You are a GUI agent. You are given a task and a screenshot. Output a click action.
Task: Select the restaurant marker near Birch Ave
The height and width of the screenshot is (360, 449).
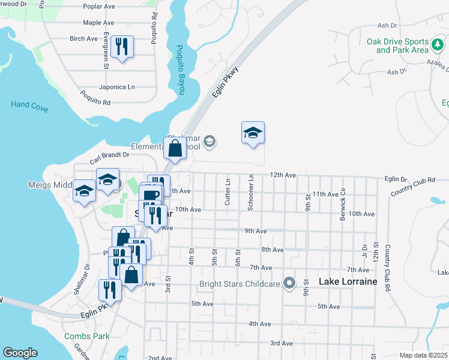[x=122, y=46]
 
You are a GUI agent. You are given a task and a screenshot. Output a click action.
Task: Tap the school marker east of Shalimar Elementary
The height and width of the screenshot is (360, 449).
[x=253, y=133]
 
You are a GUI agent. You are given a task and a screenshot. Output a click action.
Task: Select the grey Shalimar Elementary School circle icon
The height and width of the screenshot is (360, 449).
[x=209, y=142]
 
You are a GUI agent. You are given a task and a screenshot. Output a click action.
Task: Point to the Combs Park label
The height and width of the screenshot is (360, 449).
[x=86, y=336]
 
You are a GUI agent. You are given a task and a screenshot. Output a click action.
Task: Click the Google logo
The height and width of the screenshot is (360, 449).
[x=20, y=353]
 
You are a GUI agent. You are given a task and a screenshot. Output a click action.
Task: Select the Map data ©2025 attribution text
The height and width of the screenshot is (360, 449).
[x=423, y=355]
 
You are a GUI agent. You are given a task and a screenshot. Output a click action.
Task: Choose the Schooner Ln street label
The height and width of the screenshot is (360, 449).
[x=251, y=193]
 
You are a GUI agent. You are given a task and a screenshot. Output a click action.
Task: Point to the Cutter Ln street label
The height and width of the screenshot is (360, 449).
[x=228, y=191]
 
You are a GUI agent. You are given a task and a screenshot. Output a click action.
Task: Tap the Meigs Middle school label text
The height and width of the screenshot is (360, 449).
[x=50, y=185]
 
